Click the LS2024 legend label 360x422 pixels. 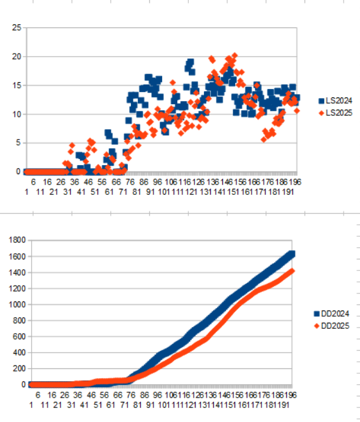(x=339, y=100)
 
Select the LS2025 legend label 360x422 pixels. (x=339, y=113)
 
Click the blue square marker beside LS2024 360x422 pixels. (x=320, y=100)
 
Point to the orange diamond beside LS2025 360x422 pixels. (x=320, y=113)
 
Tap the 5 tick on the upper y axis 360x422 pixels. (x=18, y=143)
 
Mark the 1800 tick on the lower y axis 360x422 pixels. (x=13, y=240)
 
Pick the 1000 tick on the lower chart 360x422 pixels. (x=13, y=304)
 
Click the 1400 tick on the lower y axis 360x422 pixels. (x=13, y=272)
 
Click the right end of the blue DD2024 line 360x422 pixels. (x=291, y=254)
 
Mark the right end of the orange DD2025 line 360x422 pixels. (x=291, y=271)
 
